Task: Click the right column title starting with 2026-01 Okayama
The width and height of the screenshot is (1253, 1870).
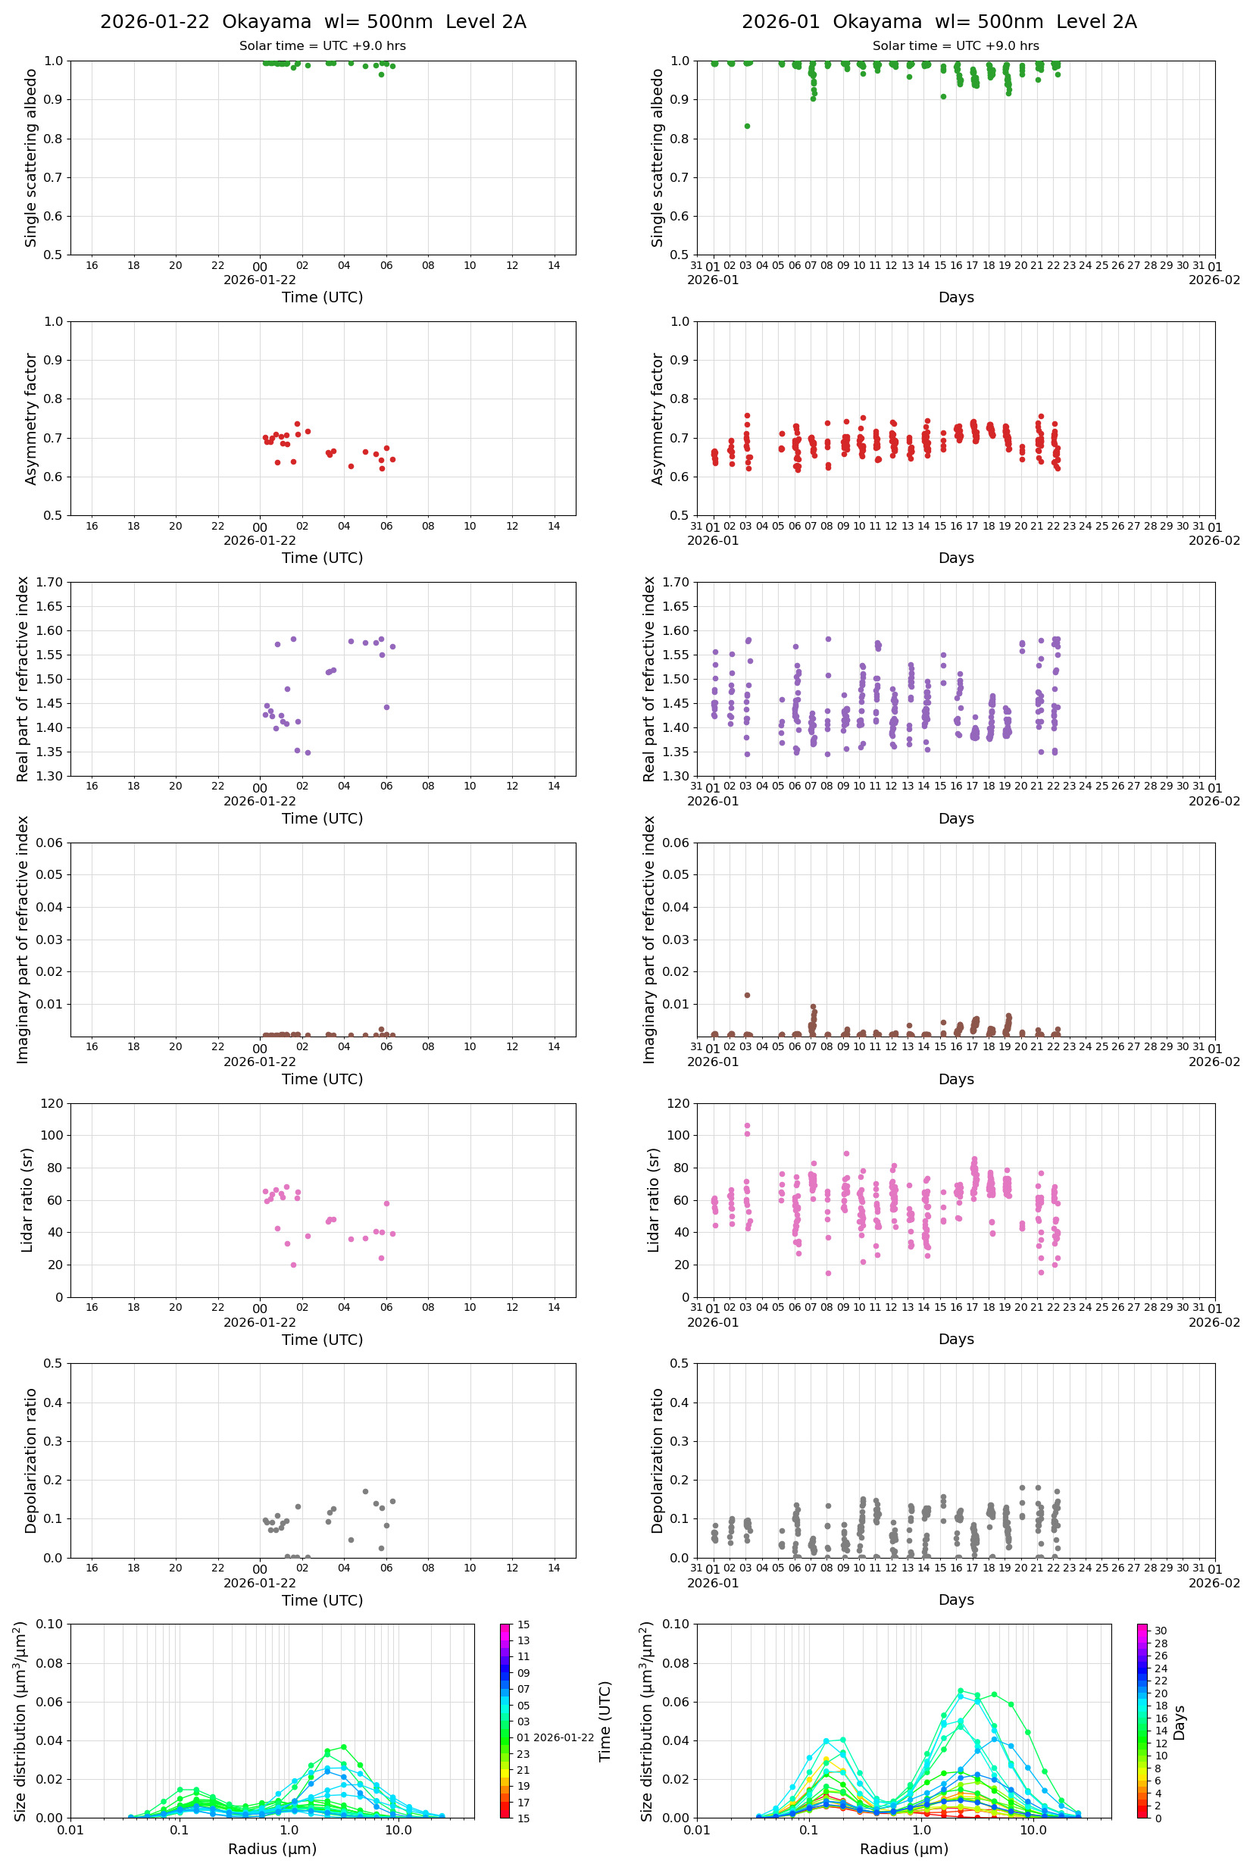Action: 939,21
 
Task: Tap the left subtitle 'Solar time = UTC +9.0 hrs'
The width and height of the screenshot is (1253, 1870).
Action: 322,46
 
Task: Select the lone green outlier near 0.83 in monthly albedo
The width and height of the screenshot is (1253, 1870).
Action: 747,127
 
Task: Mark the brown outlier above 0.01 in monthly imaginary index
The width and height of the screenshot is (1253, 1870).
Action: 747,995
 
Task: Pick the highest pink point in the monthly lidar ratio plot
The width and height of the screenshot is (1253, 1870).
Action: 747,1125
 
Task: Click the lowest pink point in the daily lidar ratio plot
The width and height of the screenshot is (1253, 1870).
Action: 293,1265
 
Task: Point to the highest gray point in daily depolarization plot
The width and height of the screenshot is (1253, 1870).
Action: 365,1491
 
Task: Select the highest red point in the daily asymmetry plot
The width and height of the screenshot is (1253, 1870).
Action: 297,424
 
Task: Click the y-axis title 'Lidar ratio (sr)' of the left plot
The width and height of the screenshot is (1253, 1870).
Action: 28,1200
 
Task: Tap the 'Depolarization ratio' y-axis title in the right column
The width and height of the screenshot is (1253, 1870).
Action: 657,1460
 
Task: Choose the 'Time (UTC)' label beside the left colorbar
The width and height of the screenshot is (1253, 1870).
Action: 605,1721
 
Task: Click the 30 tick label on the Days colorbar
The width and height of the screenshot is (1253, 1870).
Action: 1161,1631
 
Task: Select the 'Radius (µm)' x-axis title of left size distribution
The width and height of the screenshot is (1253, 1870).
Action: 273,1849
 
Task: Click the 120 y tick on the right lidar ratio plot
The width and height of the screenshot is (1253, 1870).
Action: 678,1104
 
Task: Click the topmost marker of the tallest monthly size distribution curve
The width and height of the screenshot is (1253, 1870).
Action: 961,1691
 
